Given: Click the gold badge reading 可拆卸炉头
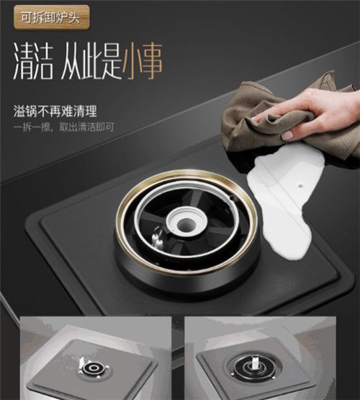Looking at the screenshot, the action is point(52,18).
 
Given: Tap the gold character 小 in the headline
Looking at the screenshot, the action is point(132,62).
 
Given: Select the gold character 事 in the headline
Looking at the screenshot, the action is point(152,62).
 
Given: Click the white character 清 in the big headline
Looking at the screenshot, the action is point(23,61).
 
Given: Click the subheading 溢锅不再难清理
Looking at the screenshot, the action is point(55,112).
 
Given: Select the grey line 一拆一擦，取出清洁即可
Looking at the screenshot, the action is point(63,127).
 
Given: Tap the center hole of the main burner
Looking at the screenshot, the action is point(186,225).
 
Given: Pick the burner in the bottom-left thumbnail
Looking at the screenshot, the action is point(94,368).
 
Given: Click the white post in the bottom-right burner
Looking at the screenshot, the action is point(255,363).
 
